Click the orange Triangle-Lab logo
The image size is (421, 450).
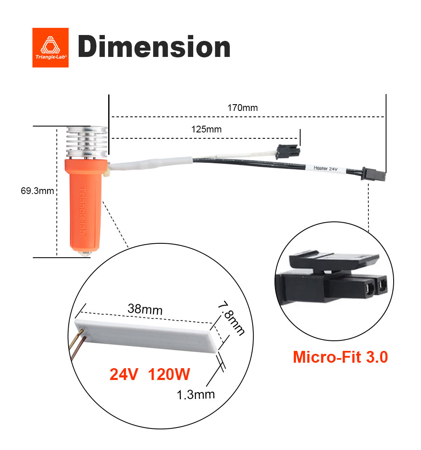click(50, 47)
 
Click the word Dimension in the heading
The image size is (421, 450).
click(154, 47)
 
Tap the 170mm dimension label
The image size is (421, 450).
click(242, 108)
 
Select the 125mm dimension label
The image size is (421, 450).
click(206, 129)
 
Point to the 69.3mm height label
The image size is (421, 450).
click(37, 191)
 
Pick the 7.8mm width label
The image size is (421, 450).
click(231, 318)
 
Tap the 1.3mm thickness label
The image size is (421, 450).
click(196, 394)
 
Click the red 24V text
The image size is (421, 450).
click(124, 374)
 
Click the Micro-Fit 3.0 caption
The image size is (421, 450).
click(340, 357)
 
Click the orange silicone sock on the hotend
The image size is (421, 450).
click(83, 202)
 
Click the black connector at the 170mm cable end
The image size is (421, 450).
click(374, 175)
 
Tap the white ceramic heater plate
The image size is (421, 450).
click(147, 335)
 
